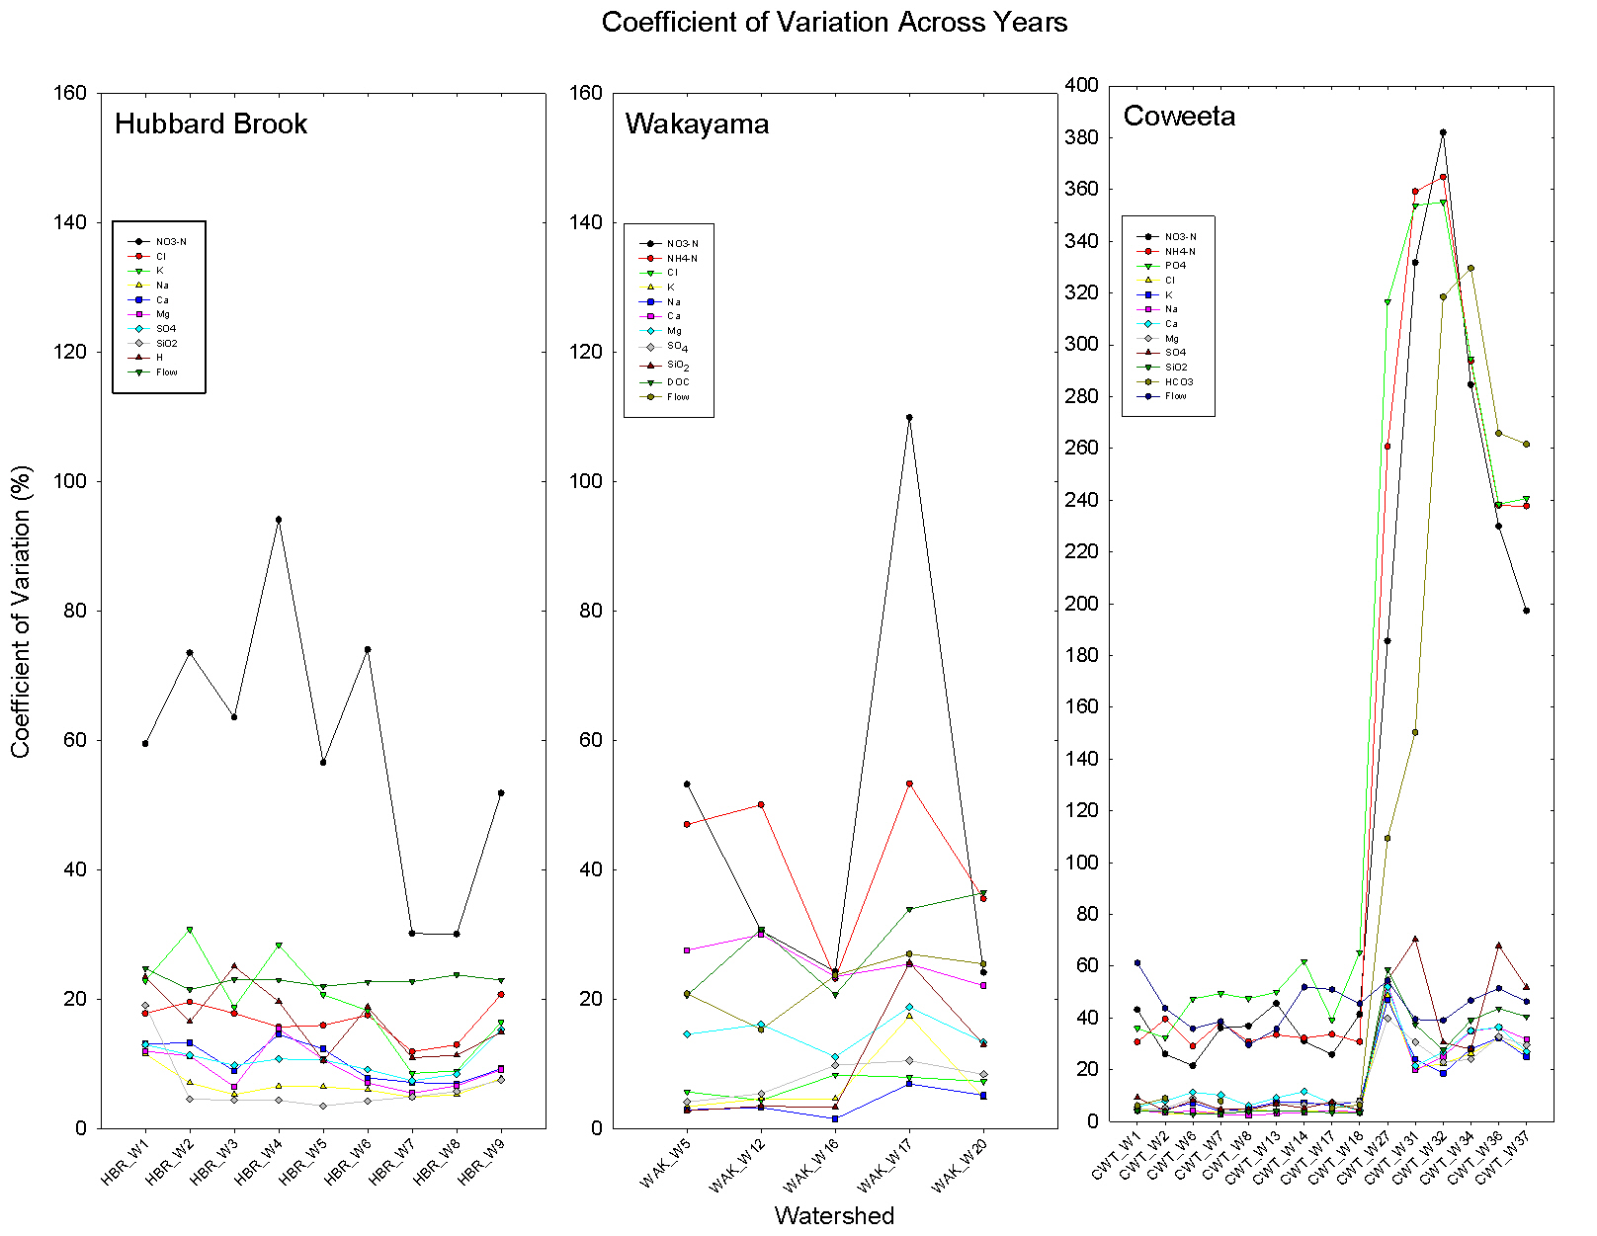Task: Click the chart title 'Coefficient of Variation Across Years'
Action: (x=834, y=23)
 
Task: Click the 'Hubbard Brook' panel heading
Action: (x=210, y=124)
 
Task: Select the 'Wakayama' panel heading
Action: (x=697, y=124)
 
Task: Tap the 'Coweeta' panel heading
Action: (x=1179, y=117)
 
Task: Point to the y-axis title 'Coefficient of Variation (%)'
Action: (x=21, y=611)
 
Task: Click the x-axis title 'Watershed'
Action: (x=834, y=1215)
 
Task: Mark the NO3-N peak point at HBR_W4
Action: (x=279, y=520)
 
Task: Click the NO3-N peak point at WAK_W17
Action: (x=909, y=417)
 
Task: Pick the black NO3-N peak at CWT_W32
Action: (x=1443, y=132)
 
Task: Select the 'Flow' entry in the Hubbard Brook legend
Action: (x=166, y=372)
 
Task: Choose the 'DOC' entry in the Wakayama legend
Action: (x=678, y=382)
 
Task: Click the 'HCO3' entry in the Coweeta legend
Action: (x=1178, y=381)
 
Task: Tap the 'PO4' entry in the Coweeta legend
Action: (x=1175, y=266)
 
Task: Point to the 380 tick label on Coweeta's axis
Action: (x=1080, y=137)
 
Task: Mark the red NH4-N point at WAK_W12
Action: (x=761, y=804)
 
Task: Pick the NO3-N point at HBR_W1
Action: (x=145, y=743)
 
